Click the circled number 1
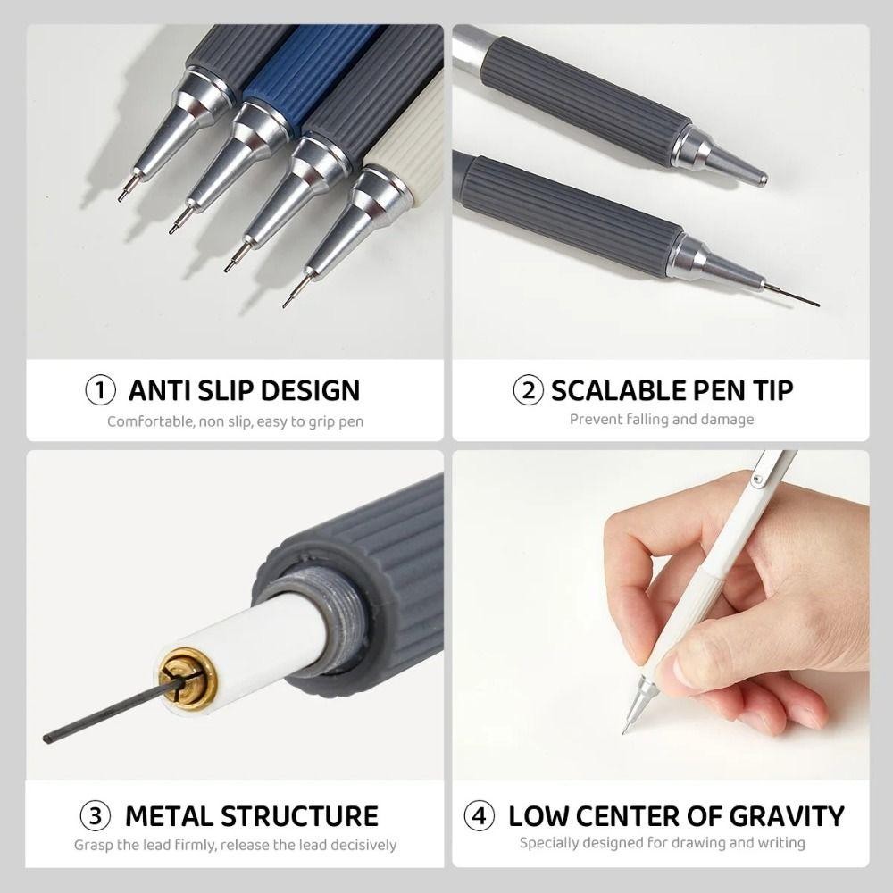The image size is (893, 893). click(100, 390)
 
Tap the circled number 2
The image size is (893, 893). click(528, 390)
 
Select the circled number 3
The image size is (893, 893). click(96, 815)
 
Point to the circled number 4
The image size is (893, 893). click(479, 815)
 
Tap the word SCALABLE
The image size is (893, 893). click(619, 391)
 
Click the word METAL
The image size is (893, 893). click(169, 816)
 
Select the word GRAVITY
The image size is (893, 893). click(787, 816)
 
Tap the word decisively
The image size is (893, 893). click(363, 845)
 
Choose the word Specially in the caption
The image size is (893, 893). click(547, 843)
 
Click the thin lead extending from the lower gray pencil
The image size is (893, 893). click(791, 295)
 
